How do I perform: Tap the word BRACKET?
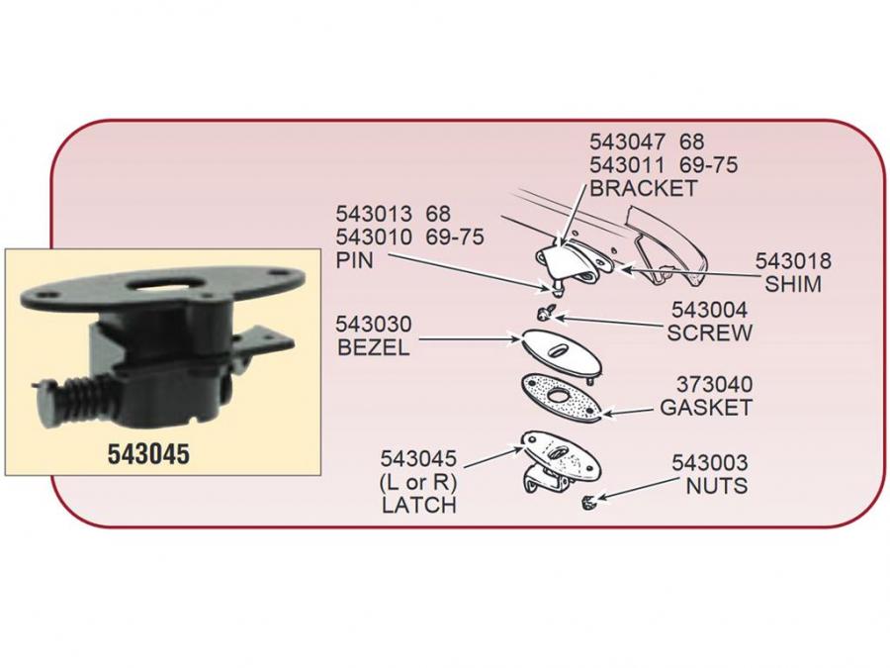point(644,187)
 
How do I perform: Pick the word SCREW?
point(709,334)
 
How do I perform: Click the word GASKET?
point(706,407)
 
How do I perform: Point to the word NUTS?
point(717,486)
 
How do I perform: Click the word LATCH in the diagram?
point(418,505)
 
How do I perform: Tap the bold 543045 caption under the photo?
point(148,454)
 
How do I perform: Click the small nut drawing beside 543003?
point(586,503)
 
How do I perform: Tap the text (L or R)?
point(418,482)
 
